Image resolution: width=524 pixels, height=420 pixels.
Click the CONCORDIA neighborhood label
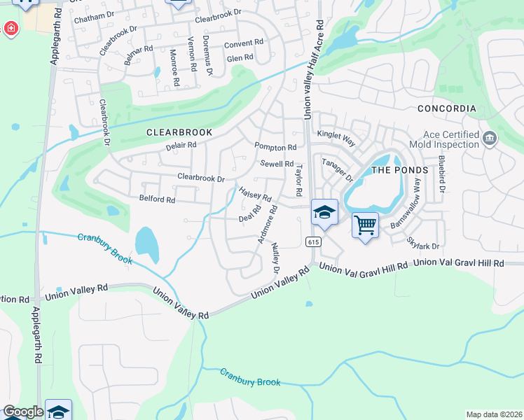tap(446, 108)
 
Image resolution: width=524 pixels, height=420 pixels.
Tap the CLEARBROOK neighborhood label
tap(179, 132)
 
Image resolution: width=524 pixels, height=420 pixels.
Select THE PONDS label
tap(399, 170)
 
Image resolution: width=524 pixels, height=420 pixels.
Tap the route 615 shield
tap(313, 241)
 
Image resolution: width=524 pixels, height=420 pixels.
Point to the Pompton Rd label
tap(275, 148)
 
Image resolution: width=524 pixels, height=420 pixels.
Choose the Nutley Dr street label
tap(275, 259)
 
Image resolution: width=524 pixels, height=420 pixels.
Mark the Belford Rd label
tap(157, 199)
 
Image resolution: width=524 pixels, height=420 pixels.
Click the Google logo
tap(23, 412)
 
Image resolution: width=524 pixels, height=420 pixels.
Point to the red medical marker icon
tap(11, 29)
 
